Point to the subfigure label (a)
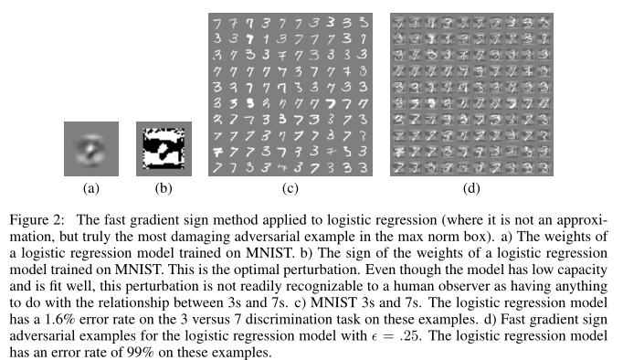coord(90,190)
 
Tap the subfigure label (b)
coord(161,190)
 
